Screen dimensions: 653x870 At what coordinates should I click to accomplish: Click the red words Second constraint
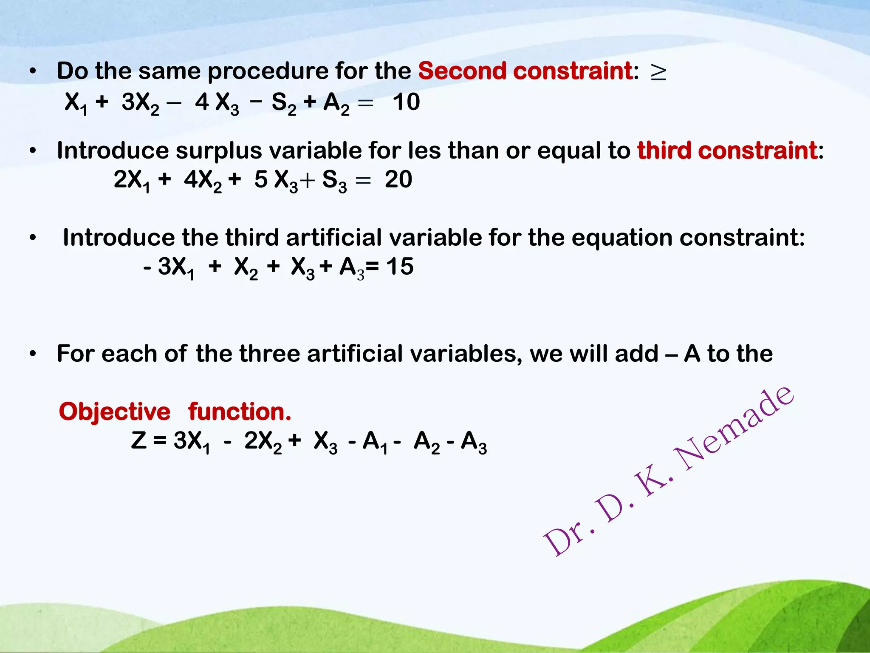pos(525,71)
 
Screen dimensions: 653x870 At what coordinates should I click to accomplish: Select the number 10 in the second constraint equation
pos(406,102)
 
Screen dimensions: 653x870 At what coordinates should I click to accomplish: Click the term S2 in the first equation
pos(283,104)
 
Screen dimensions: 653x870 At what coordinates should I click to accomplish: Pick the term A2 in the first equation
pos(336,104)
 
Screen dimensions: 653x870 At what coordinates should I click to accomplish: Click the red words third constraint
pos(727,150)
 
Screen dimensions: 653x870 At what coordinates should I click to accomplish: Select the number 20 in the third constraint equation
pos(398,179)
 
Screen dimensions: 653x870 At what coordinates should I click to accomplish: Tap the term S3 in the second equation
pos(334,181)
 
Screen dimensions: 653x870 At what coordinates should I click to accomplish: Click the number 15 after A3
pos(400,267)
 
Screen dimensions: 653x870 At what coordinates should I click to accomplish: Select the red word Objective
pos(114,412)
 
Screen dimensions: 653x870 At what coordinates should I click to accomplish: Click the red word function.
pos(240,412)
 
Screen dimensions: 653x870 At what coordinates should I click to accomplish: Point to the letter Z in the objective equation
pos(139,440)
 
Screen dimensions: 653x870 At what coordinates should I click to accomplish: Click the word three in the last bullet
pos(269,354)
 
